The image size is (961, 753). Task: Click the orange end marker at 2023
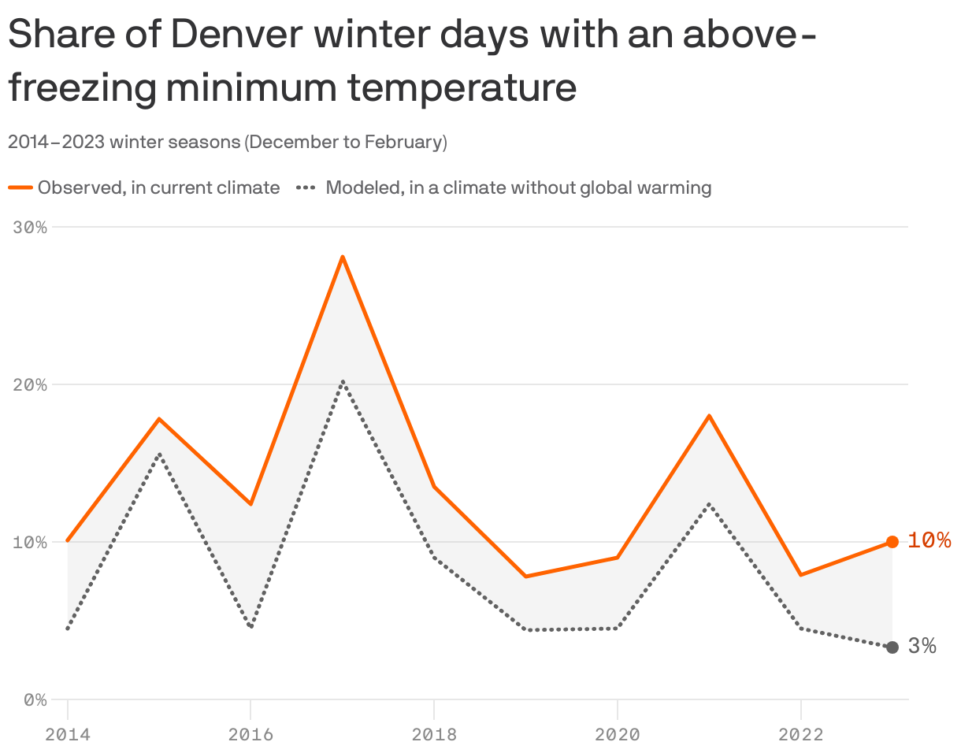click(892, 542)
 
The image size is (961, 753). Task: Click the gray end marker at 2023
click(892, 647)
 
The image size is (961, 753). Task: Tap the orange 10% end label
click(929, 540)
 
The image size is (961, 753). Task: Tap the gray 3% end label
click(922, 646)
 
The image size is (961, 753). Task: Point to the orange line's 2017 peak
click(343, 257)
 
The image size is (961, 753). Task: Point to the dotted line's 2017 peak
click(343, 381)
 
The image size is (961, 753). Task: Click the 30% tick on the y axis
click(31, 227)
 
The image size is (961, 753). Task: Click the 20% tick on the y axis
click(31, 384)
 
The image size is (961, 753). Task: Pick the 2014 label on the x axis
click(68, 735)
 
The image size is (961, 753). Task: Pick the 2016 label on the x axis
click(250, 735)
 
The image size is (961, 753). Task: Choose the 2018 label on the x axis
click(434, 735)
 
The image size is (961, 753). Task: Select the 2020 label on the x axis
click(617, 735)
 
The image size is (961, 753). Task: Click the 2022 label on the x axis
click(800, 735)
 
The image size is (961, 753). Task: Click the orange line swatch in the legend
click(20, 187)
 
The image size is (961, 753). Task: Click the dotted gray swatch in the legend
click(306, 187)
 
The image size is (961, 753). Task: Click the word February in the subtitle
click(405, 143)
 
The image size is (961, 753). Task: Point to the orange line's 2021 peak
click(709, 415)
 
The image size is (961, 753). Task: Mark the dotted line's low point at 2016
click(250, 628)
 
